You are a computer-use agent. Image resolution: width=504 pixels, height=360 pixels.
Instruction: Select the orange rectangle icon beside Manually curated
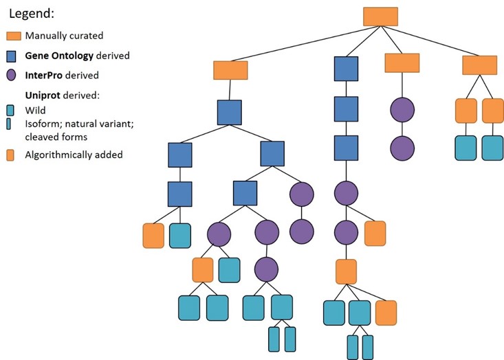[14, 36]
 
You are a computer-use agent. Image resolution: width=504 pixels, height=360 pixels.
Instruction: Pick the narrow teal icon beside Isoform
[8, 124]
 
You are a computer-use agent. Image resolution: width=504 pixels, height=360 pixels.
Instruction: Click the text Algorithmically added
[74, 155]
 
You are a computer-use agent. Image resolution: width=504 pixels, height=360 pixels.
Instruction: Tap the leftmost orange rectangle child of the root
[230, 70]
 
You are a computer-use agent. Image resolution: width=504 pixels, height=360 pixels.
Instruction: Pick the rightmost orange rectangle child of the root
[479, 65]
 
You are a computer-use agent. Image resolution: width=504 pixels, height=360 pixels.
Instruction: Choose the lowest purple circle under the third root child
[402, 148]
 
